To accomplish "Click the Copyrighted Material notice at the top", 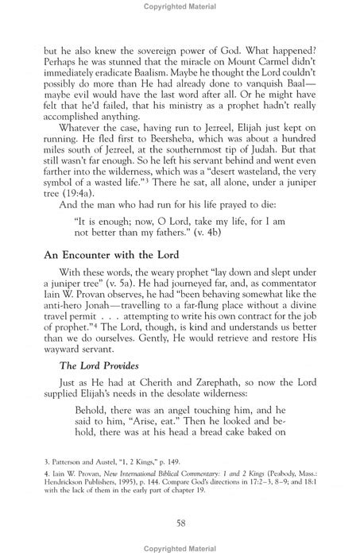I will pos(180,7).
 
